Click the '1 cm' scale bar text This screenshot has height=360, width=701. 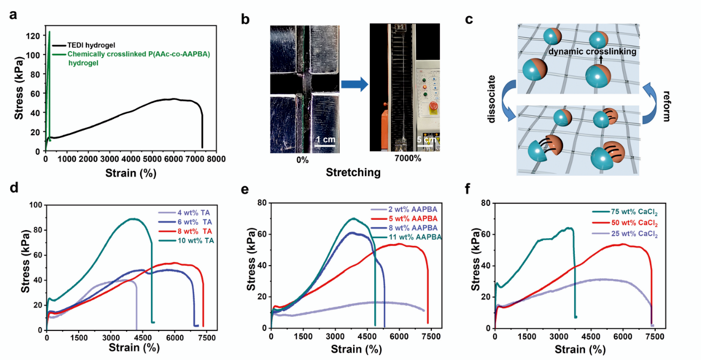coord(325,140)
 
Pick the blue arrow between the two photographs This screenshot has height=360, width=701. coord(354,85)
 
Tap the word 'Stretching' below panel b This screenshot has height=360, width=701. coord(353,173)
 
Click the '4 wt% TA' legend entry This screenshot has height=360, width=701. coord(195,213)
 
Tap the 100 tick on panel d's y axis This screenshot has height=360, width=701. coord(36,205)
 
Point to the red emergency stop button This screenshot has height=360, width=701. coord(431,106)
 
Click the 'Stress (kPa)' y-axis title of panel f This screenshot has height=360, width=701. coord(476,265)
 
